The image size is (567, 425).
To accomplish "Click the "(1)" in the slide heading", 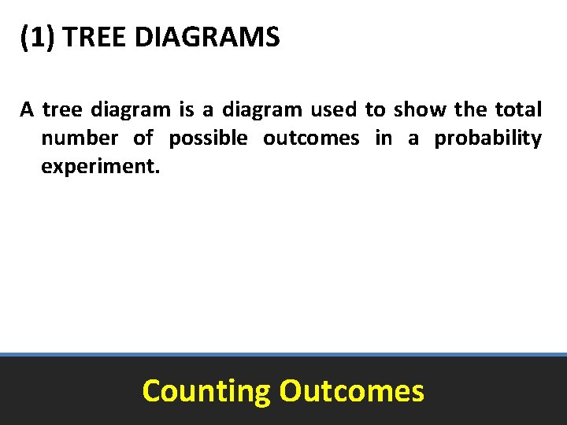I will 38,37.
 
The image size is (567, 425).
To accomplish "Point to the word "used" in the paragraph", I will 333,109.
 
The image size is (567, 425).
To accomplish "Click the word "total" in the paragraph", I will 518,109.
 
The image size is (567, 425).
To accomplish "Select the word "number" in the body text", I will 79,139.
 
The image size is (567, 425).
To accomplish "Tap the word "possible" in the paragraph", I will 208,139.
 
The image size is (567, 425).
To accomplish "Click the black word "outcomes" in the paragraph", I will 311,139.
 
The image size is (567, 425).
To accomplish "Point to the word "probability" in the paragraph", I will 488,139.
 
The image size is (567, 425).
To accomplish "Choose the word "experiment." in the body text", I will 100,168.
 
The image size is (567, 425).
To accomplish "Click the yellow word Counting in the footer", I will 206,391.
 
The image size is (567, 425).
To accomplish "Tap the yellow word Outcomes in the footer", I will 351,390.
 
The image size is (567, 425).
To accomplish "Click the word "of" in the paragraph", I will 143,139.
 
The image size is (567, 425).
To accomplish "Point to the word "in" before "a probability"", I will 384,139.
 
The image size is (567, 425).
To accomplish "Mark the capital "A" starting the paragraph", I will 27,109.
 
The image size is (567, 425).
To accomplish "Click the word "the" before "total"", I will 470,109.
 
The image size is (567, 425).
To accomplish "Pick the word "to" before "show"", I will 374,109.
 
